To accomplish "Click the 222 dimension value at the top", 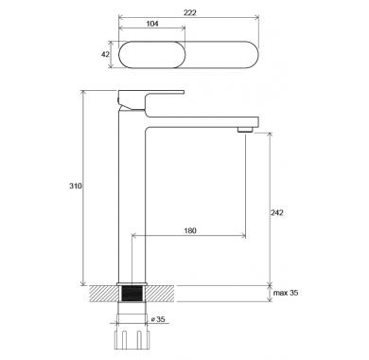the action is click(x=190, y=12).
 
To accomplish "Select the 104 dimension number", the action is click(x=152, y=24).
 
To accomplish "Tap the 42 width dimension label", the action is click(x=105, y=54).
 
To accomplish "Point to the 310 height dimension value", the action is click(x=76, y=186).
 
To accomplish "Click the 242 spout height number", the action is click(x=277, y=212).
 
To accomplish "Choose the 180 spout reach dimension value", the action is click(x=190, y=230).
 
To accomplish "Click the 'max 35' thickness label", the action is click(x=286, y=293).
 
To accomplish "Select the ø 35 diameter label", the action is click(x=158, y=319).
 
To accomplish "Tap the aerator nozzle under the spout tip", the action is click(x=246, y=129).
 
